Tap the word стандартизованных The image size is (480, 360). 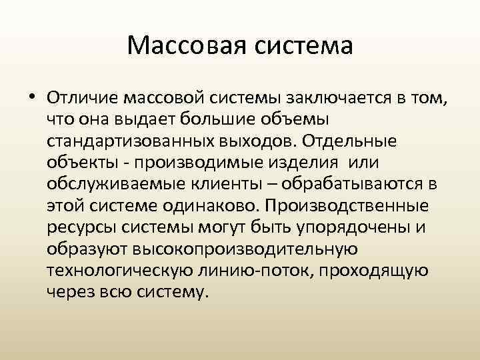point(126,141)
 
